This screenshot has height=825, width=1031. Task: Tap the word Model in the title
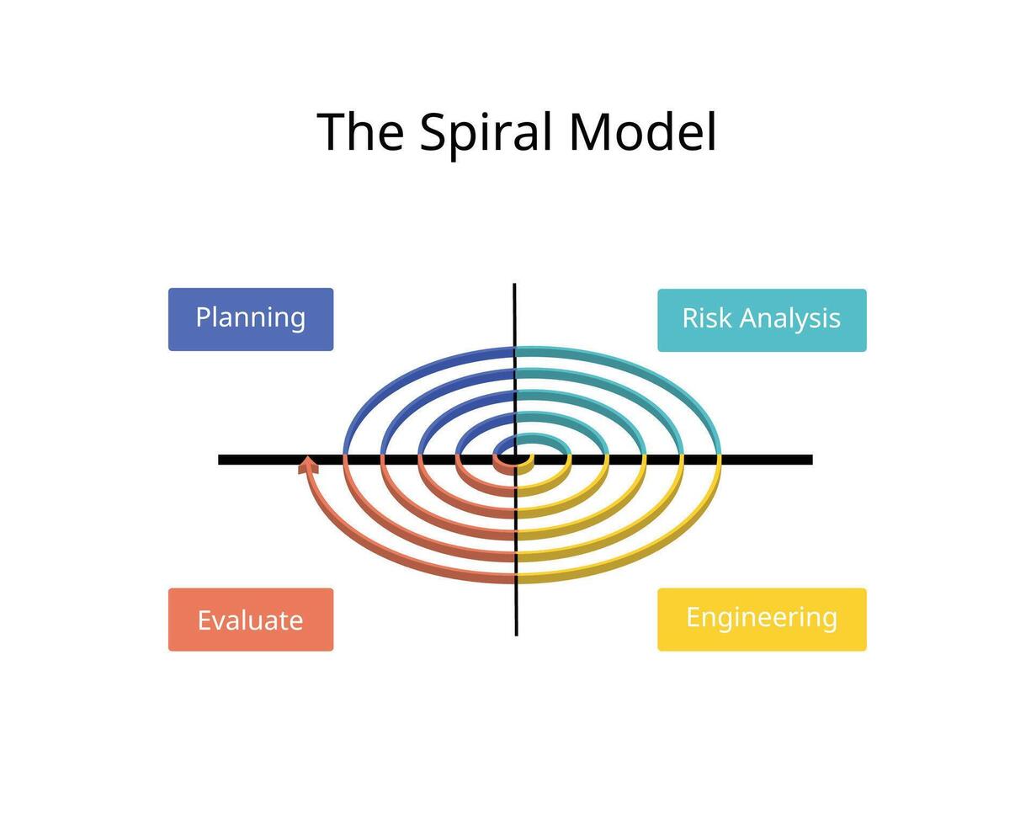[643, 132]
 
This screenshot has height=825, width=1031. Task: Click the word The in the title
[360, 132]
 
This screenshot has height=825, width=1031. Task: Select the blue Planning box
[251, 319]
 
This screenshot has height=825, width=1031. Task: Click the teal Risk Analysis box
[762, 320]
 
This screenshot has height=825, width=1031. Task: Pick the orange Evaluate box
[251, 620]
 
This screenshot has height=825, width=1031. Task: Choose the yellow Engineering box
[762, 619]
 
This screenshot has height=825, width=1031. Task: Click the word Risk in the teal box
[705, 318]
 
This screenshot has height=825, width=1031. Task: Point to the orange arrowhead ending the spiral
[309, 464]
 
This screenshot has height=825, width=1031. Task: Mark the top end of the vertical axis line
[514, 286]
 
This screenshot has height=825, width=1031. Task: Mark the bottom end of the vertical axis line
[516, 633]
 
